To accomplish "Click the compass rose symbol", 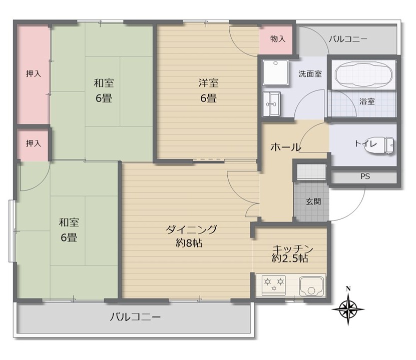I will coord(348,306).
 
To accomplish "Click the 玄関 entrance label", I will coord(313,202).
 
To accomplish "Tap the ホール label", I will coord(285,147).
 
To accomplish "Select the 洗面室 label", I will coord(310,73).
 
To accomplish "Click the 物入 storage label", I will coord(277,38).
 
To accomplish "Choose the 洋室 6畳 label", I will coord(208,90).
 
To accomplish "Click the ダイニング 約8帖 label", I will coord(191,236).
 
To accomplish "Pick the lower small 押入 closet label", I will coord(34,143).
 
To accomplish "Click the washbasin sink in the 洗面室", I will coord(272,104).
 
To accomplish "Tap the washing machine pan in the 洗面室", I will coord(275,72).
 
